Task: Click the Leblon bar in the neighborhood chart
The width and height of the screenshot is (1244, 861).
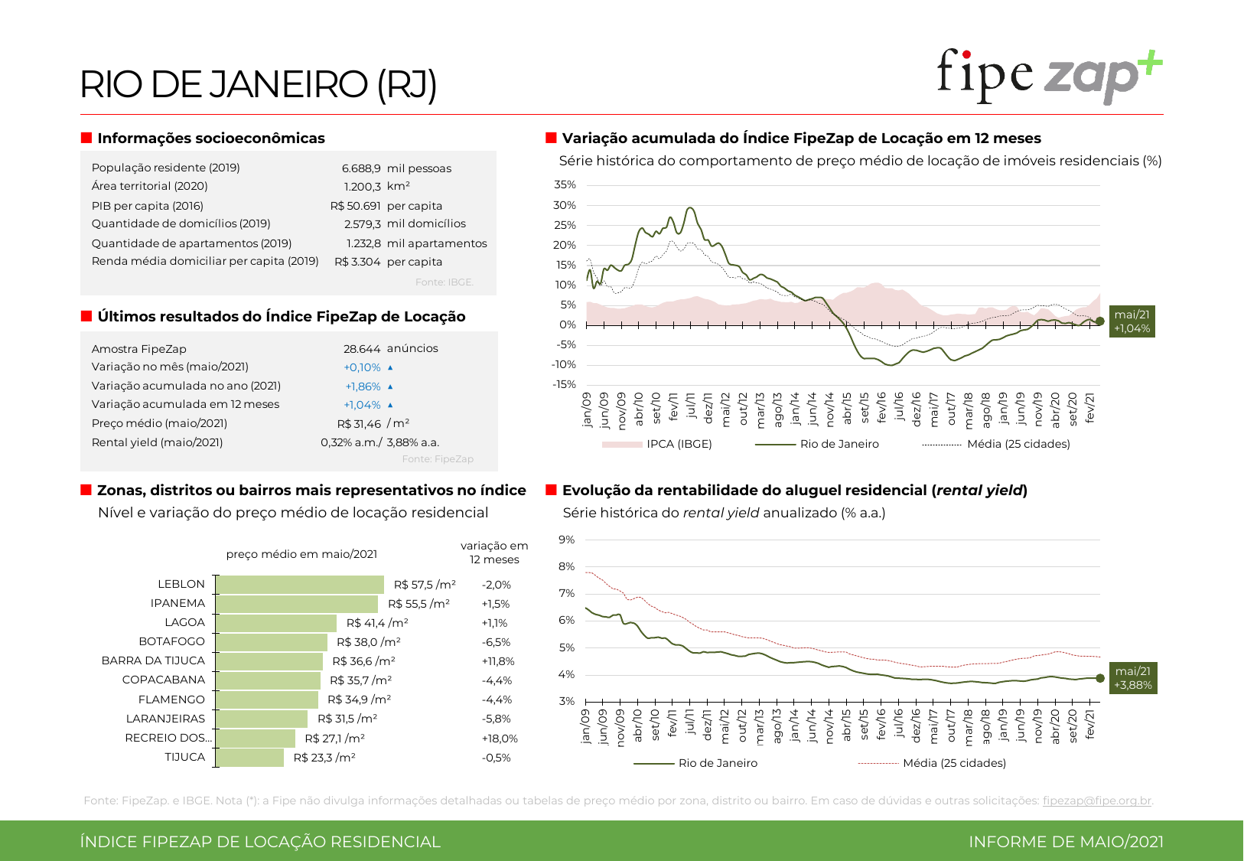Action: [300, 585]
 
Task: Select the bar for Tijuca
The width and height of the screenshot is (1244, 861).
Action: [250, 758]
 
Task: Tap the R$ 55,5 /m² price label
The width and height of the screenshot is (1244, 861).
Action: [418, 604]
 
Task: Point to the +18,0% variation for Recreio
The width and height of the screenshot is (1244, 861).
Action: [500, 739]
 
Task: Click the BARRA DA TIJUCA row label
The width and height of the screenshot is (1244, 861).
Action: [153, 660]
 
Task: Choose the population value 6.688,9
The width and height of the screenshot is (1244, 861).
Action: [361, 168]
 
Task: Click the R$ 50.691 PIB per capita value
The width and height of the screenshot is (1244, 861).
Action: [355, 206]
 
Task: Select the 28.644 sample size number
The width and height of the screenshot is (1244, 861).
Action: [362, 349]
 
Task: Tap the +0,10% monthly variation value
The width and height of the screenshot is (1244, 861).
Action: [362, 367]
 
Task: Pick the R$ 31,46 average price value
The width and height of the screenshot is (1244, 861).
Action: [359, 424]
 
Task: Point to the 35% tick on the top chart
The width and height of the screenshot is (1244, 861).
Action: [565, 185]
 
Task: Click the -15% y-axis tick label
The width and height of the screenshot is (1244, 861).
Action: [565, 384]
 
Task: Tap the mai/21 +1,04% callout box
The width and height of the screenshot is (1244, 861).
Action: [1132, 321]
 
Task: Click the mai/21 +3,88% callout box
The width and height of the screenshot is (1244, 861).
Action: [1132, 678]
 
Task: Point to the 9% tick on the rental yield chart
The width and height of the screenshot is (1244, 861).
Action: [566, 540]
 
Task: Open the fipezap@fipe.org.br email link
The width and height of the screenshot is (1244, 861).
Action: [1096, 801]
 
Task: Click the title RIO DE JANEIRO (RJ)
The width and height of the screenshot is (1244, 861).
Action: [259, 84]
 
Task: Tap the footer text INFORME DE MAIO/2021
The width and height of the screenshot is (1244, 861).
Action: [1066, 842]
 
